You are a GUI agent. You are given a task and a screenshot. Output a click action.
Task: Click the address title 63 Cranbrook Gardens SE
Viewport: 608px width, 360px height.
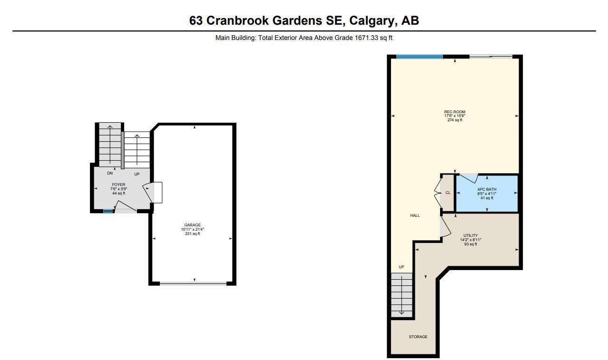click(304, 20)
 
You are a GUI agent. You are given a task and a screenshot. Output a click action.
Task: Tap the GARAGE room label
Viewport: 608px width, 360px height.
click(192, 225)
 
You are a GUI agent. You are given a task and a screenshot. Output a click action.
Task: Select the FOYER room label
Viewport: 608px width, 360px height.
click(118, 185)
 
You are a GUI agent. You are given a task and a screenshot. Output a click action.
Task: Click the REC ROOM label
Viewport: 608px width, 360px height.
click(454, 112)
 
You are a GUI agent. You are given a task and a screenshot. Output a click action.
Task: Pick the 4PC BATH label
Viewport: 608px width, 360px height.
click(486, 189)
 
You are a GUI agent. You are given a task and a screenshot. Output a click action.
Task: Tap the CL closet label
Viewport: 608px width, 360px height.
click(448, 193)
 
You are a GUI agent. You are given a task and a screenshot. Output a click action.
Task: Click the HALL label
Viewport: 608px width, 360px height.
click(415, 215)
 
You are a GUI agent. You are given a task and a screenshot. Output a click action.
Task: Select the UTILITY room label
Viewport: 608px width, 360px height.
click(471, 235)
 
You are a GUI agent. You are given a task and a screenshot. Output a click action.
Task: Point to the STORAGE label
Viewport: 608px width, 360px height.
click(418, 337)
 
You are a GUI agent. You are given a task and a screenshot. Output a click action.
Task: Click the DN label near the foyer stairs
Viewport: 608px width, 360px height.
click(109, 174)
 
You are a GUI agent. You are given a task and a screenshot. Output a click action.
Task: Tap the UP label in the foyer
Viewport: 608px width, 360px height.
click(137, 174)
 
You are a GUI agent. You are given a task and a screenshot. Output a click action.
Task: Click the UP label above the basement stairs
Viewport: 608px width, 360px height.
click(401, 267)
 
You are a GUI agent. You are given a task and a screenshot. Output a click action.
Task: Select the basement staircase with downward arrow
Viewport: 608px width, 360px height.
click(402, 295)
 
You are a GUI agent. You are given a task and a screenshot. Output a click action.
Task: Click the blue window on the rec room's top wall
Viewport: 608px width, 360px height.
click(419, 57)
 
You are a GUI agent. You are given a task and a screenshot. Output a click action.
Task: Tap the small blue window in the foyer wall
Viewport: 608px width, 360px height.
click(108, 211)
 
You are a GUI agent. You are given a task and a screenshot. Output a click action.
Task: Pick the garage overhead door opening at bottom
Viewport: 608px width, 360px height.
click(193, 283)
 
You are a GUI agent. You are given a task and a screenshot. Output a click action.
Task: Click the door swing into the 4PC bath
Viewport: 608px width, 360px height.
click(467, 178)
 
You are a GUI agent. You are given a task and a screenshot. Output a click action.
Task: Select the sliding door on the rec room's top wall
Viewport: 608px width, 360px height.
click(490, 57)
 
